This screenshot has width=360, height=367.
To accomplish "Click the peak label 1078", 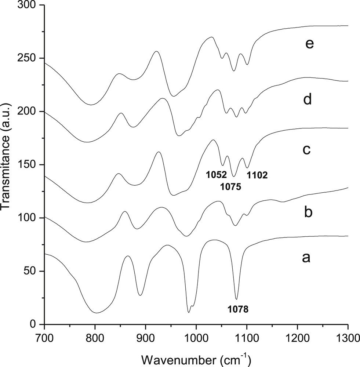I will coord(238,309).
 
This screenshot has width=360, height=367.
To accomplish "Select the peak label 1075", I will coord(230,187).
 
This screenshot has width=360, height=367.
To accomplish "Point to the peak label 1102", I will coord(257,175).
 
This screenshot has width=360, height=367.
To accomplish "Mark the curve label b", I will coord(308,212).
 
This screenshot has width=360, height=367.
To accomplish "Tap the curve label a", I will coord(306,258).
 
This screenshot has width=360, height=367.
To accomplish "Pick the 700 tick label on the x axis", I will coord(44,336).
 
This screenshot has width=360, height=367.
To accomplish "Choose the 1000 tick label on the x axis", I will coord(196,336).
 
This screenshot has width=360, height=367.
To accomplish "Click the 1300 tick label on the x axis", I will coord(347,336).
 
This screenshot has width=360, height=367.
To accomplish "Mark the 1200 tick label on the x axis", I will coord(297,336).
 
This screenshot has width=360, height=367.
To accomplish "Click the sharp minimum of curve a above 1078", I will coord(236,299).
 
